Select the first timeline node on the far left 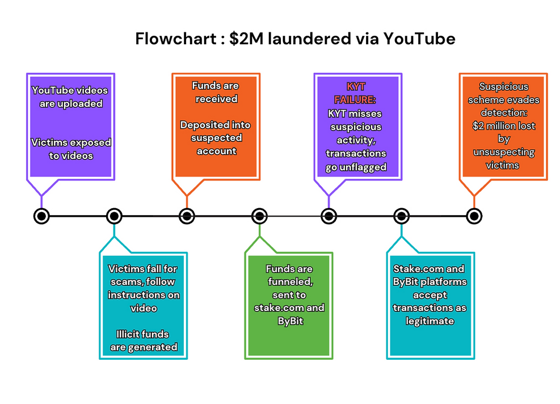41,216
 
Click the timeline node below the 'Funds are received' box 187,216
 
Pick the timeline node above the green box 259,216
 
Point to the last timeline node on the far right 474,216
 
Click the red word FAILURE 356,99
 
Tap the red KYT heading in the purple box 356,86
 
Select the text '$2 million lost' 503,126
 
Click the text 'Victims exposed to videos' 70,149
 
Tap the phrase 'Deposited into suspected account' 215,138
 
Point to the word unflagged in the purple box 356,166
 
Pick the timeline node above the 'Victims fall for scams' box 114,216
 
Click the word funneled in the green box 289,282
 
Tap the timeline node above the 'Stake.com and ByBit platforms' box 401,216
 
